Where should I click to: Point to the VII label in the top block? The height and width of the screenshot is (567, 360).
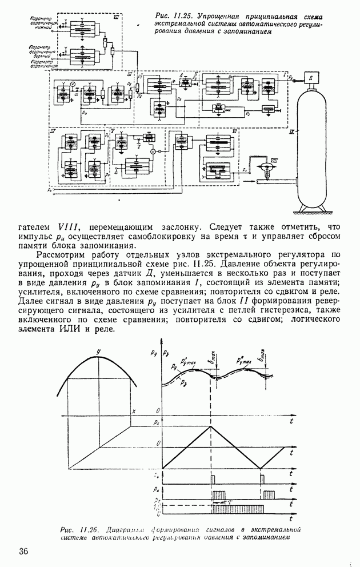click(x=116, y=18)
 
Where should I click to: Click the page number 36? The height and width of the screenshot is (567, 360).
click(x=23, y=551)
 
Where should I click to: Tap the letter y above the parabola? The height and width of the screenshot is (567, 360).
click(x=98, y=350)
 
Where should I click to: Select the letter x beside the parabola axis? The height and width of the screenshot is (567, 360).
click(x=134, y=412)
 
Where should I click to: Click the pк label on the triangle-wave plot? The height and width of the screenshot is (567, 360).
click(x=156, y=421)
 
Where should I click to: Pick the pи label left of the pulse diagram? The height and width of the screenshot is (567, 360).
click(x=157, y=489)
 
